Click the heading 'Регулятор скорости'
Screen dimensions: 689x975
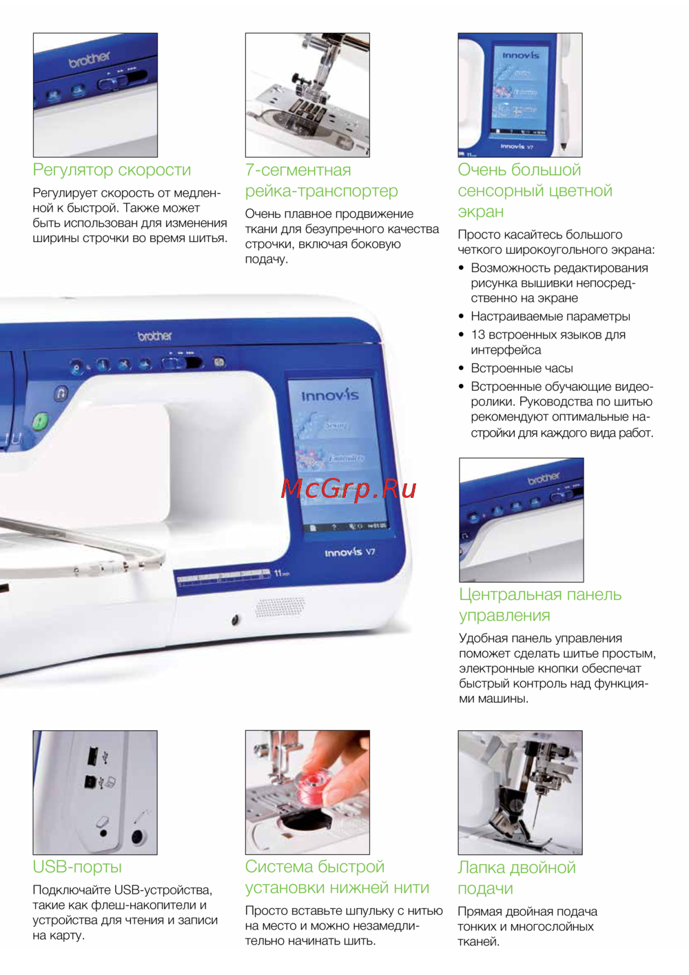(x=112, y=170)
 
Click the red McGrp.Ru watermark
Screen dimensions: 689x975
(x=348, y=489)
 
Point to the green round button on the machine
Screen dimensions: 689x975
(x=40, y=421)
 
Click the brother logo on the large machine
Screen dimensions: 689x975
(x=155, y=336)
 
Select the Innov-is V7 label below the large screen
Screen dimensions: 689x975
(x=350, y=552)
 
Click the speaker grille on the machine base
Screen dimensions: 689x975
(x=280, y=607)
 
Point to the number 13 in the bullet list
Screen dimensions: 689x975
(x=477, y=334)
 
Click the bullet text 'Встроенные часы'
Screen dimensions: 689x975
(x=522, y=368)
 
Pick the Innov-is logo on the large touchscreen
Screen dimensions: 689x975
(x=330, y=396)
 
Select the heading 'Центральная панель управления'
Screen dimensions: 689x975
(x=540, y=605)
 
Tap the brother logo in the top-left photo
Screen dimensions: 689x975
(x=90, y=60)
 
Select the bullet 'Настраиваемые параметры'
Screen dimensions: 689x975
(x=551, y=316)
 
